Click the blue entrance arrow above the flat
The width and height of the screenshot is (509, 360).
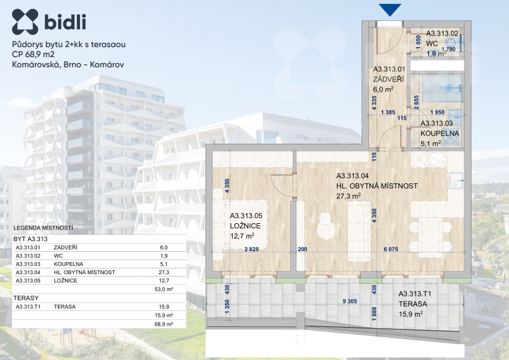(x=390, y=10)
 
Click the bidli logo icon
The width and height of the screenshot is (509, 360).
(x=25, y=22)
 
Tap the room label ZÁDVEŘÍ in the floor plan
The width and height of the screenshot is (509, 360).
(x=388, y=80)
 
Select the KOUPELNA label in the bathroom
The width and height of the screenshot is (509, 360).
(x=440, y=134)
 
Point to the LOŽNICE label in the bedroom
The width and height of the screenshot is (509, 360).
(x=245, y=226)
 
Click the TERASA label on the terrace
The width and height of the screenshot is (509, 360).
(x=412, y=304)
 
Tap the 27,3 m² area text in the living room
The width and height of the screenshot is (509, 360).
(x=348, y=196)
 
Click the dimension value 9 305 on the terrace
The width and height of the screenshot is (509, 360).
(x=349, y=301)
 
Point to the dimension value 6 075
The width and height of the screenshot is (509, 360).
(x=391, y=249)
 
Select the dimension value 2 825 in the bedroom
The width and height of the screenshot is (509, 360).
(x=251, y=249)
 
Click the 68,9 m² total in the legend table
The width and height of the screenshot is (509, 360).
(x=164, y=324)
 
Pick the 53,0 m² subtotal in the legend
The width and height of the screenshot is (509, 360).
(x=164, y=289)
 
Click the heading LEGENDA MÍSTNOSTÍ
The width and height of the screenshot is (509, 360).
(x=43, y=228)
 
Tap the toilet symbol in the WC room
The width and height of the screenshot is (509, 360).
(x=452, y=43)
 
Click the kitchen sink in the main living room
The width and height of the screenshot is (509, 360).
(x=456, y=180)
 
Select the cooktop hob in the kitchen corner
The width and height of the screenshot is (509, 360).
(x=438, y=159)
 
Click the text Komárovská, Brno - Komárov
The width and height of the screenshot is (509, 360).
(x=68, y=65)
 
